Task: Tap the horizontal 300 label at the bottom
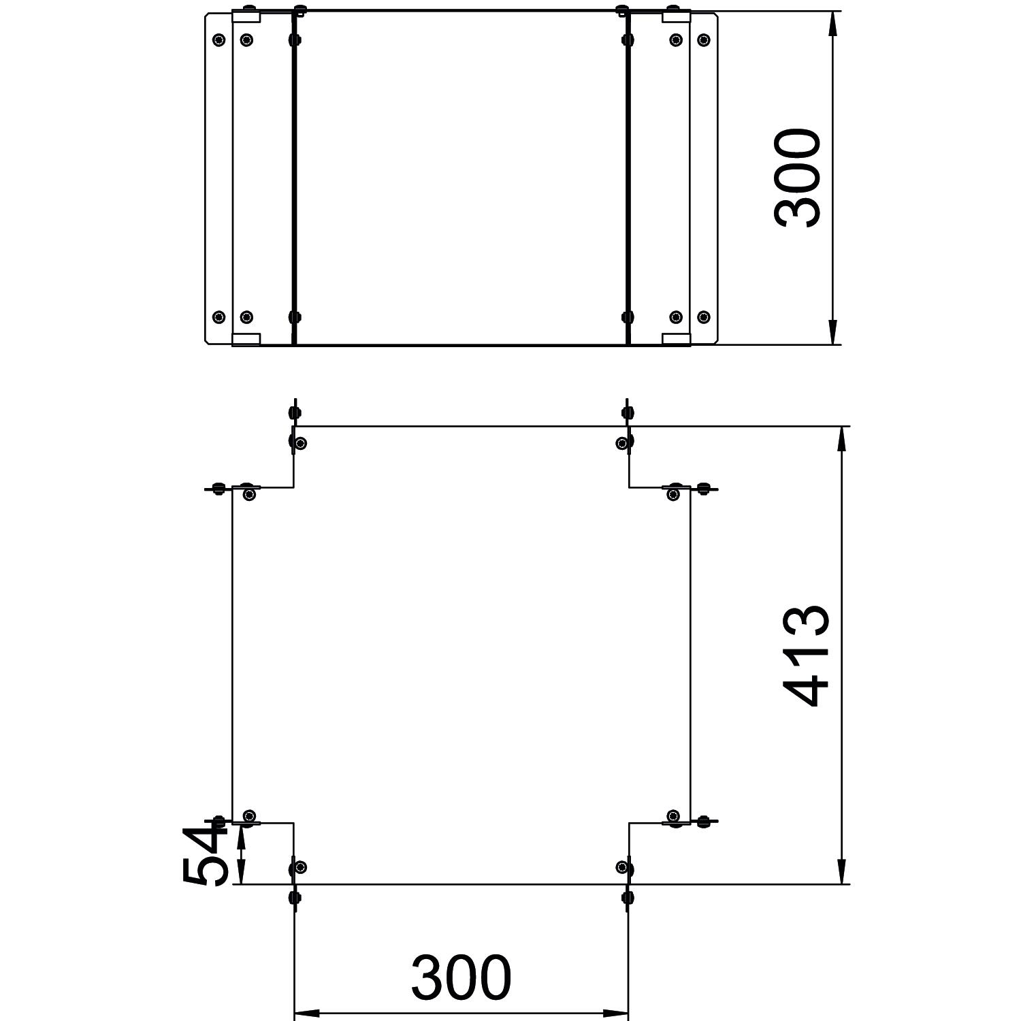pos(461,977)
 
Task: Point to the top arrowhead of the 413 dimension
pos(842,439)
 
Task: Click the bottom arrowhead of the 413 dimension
pos(842,872)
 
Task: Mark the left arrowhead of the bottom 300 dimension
pos(306,1012)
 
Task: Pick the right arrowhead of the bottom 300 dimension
pos(615,1012)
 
